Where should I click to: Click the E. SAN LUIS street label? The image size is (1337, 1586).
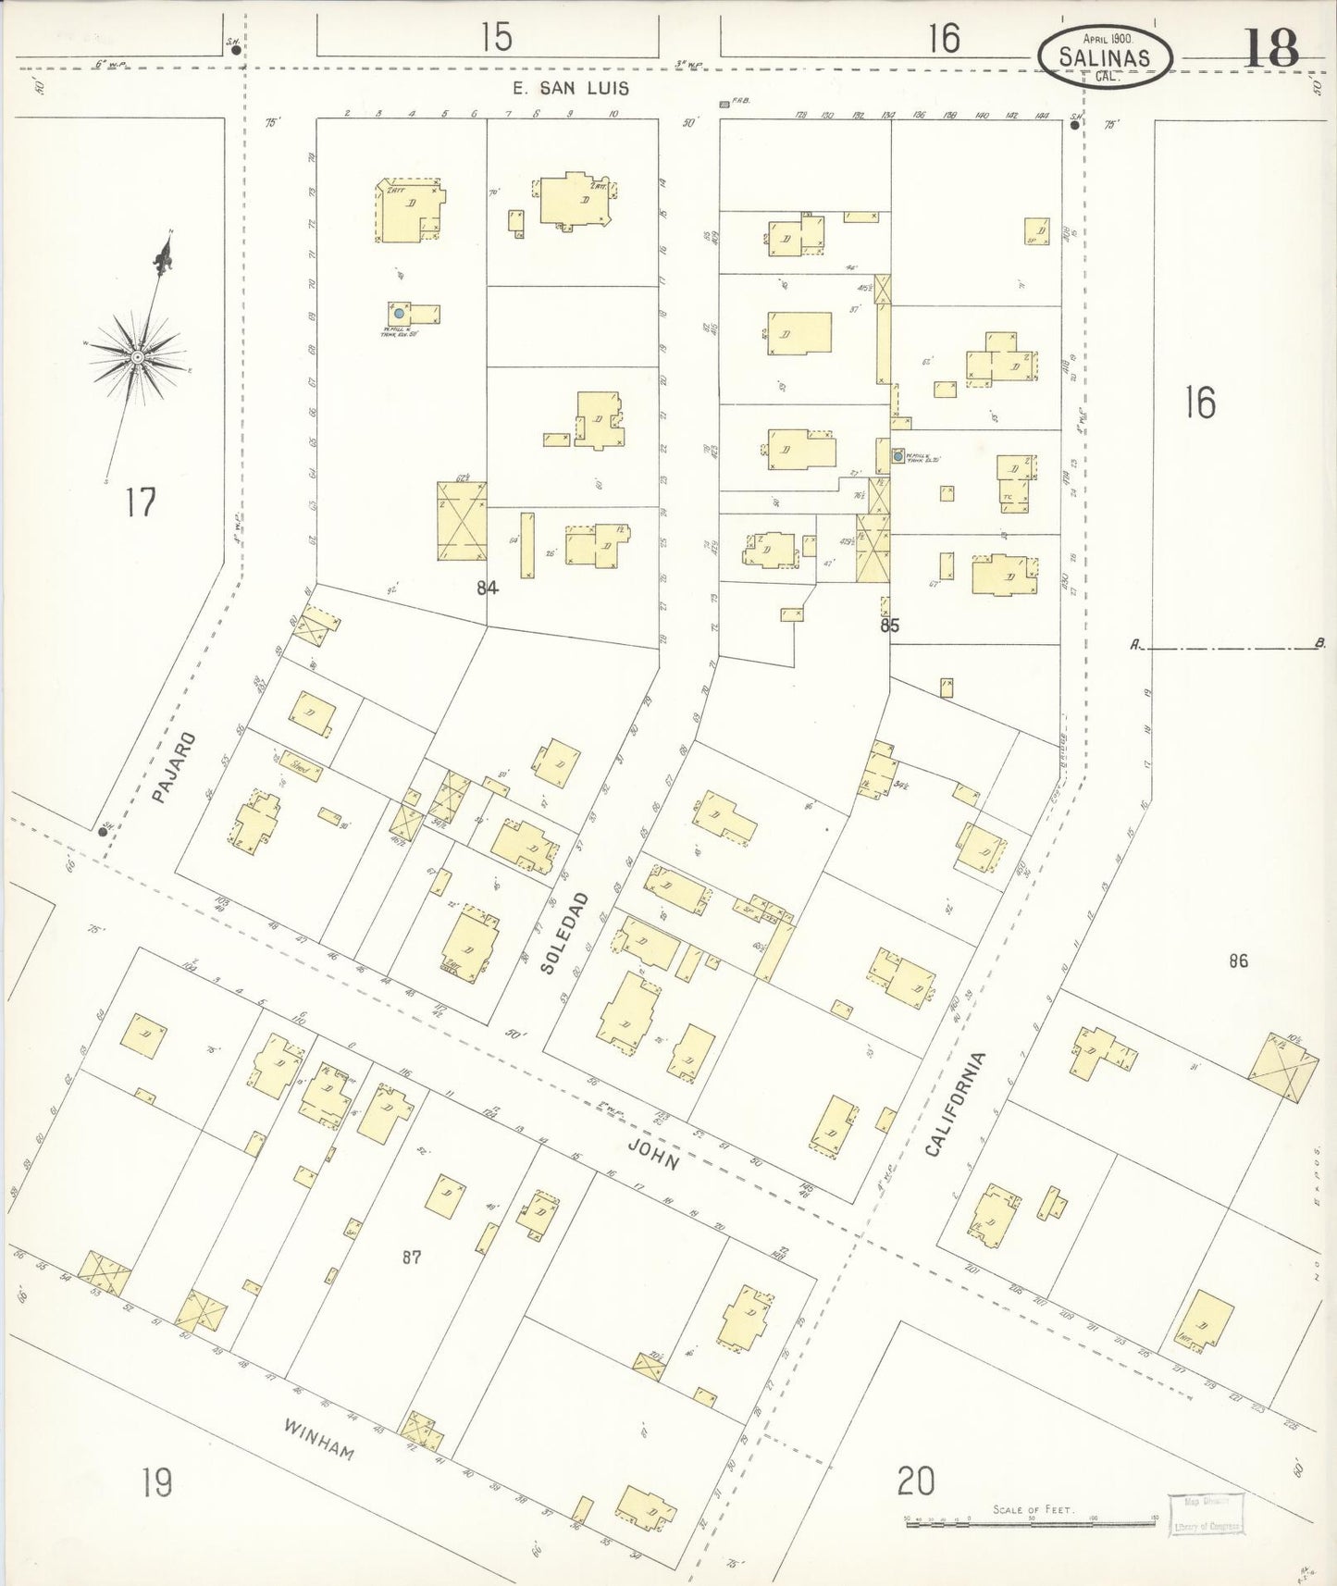(x=571, y=88)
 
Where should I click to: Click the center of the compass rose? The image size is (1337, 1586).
(x=137, y=356)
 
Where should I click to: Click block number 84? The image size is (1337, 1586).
(x=488, y=587)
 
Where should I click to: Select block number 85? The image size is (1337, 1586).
(x=889, y=626)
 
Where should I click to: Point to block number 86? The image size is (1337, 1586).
(x=1238, y=961)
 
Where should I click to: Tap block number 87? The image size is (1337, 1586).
(x=413, y=1257)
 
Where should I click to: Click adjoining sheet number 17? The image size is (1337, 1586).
(x=142, y=502)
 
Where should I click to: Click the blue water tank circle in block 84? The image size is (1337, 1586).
(x=399, y=314)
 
